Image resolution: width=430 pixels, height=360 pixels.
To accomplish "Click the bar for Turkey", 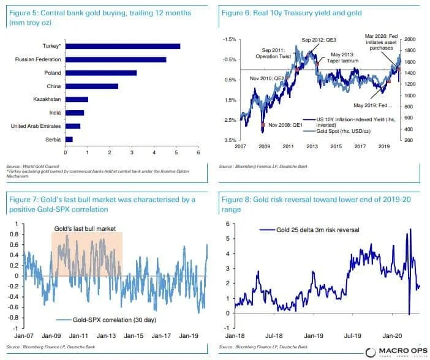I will (x=123, y=46).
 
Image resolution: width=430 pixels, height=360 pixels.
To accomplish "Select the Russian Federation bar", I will (x=116, y=59).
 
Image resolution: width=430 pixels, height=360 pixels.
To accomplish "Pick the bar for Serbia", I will (x=69, y=139).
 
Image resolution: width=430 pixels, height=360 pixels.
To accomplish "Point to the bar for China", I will (x=92, y=86).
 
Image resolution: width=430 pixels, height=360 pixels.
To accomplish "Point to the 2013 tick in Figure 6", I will (x=313, y=148).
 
